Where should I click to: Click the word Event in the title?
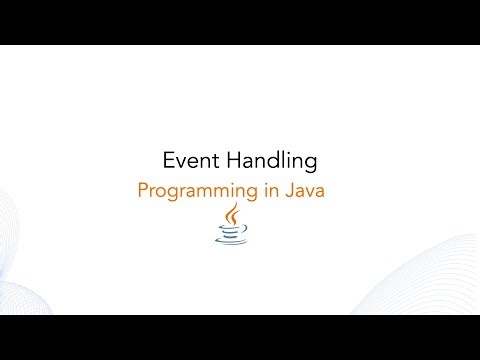(x=186, y=160)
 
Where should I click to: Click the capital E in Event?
(x=168, y=160)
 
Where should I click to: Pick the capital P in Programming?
(x=143, y=189)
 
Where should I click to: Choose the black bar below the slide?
(x=240, y=337)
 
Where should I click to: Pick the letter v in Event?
(x=178, y=161)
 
